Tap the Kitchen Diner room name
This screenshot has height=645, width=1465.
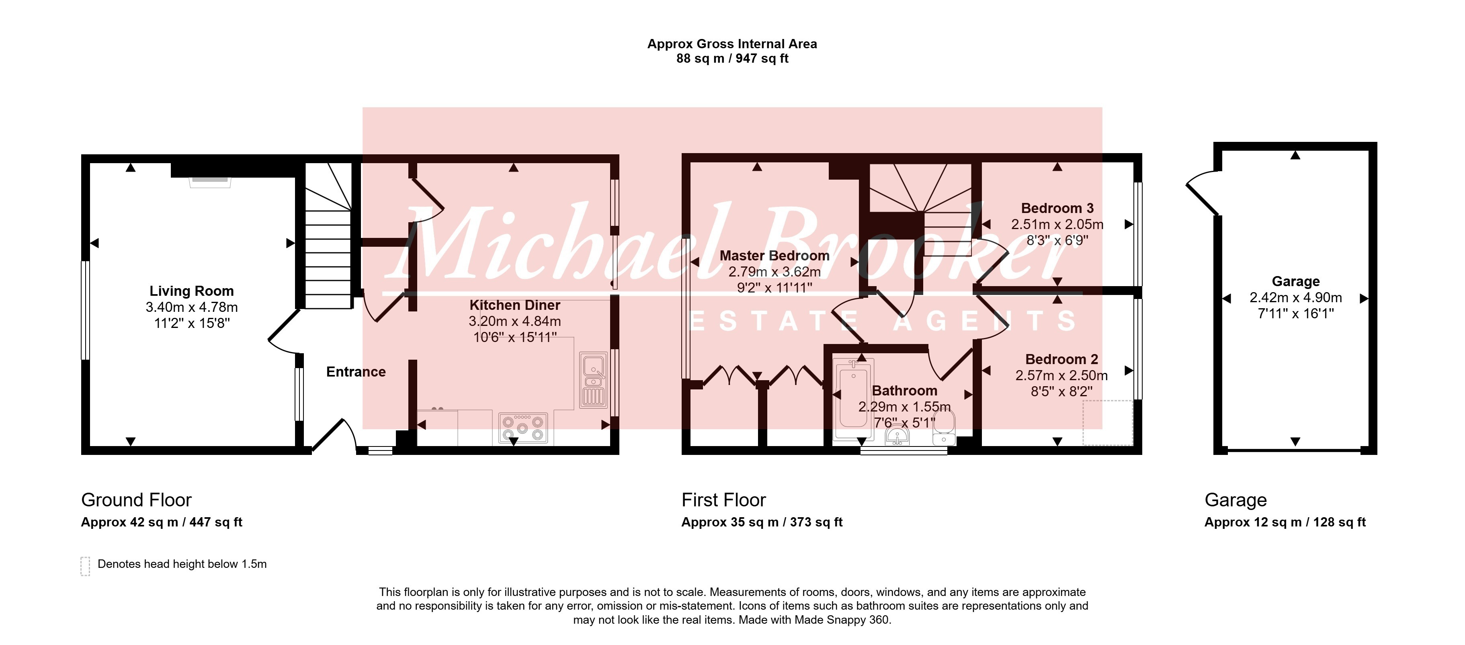click(515, 305)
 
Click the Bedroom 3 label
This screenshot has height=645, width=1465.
click(1057, 208)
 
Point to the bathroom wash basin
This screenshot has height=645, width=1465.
click(897, 436)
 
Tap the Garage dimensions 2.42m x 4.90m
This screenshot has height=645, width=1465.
click(1295, 297)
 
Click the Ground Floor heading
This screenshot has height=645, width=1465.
click(137, 500)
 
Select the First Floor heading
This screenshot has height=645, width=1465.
click(723, 500)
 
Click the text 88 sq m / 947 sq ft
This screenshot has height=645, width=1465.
click(732, 59)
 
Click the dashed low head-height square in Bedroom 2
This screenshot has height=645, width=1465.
click(1108, 423)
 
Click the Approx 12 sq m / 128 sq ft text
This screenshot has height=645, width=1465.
click(1285, 522)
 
